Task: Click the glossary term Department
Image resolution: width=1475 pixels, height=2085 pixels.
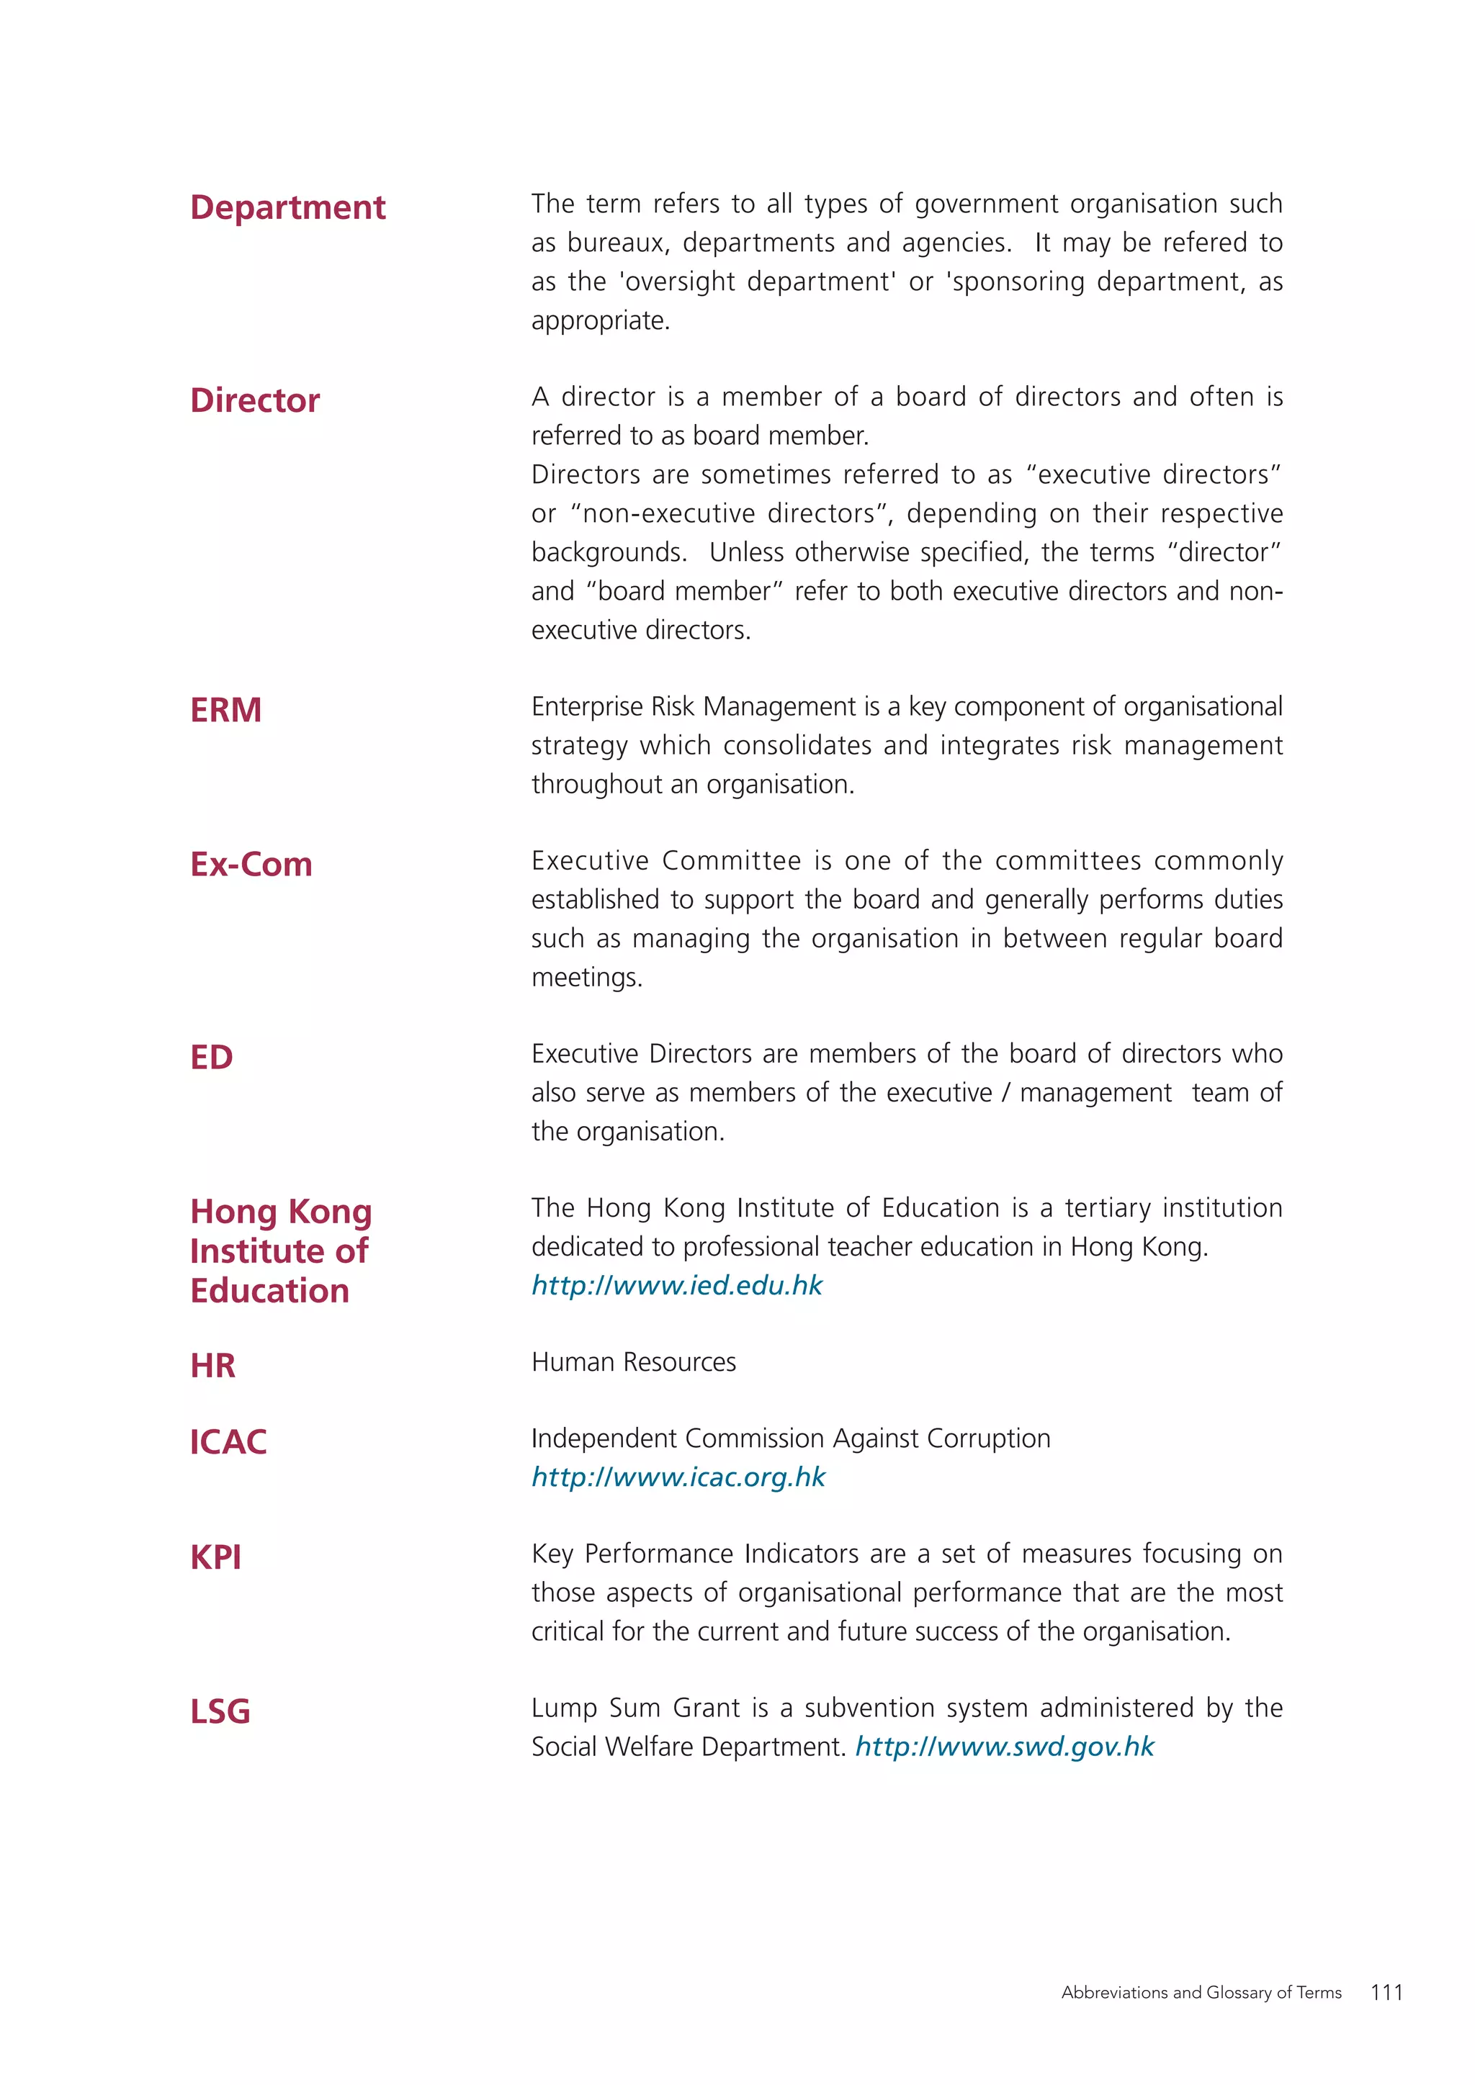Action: [x=287, y=208]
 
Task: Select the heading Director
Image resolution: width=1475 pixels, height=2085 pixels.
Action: [x=254, y=400]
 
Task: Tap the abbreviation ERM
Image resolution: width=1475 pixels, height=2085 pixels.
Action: [x=225, y=710]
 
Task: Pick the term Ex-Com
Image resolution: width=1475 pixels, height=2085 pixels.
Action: [x=251, y=865]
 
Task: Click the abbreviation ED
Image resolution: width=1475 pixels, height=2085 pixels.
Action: [x=211, y=1057]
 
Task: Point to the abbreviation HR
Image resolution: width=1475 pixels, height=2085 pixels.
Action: [x=212, y=1366]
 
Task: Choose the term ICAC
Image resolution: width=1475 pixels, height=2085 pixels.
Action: [x=228, y=1442]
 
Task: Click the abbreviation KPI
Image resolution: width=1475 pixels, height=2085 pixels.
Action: [x=215, y=1557]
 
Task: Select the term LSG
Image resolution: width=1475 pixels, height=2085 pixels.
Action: [x=220, y=1712]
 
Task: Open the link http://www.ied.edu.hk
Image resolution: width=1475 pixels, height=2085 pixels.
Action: [x=677, y=1285]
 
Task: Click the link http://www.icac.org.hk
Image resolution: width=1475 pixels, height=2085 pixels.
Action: [x=678, y=1477]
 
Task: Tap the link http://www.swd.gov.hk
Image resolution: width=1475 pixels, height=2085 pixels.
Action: [x=1005, y=1747]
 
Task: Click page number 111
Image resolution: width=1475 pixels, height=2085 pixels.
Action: [x=1386, y=1992]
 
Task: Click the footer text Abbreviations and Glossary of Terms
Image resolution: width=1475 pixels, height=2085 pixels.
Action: [x=1201, y=1992]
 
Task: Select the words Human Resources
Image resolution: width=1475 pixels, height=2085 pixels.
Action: [x=633, y=1362]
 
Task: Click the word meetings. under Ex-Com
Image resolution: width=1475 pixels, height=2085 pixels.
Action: [x=587, y=978]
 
